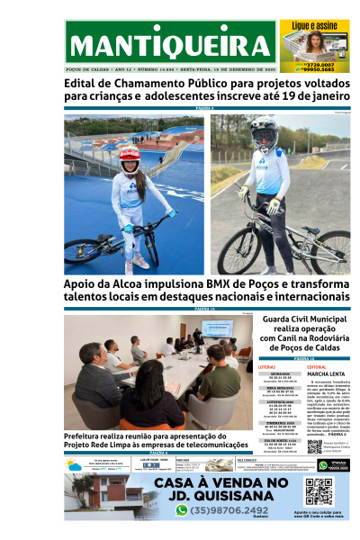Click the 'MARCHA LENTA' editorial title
click(328, 375)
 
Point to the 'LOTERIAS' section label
click(266, 367)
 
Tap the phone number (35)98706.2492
click(230, 509)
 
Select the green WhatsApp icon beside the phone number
click(182, 509)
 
